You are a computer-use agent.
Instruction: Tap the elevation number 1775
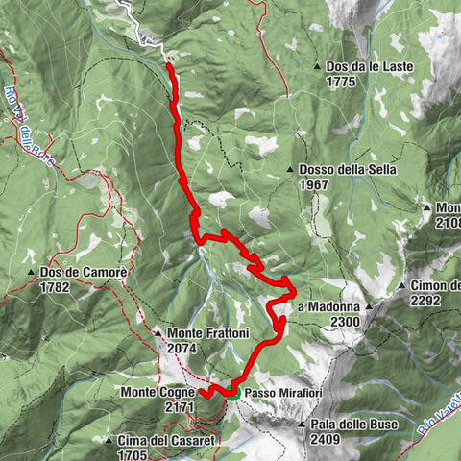(341, 82)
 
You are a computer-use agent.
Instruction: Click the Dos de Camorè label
(85, 273)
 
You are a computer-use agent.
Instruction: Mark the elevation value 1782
(57, 287)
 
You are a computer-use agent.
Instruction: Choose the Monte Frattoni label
(208, 333)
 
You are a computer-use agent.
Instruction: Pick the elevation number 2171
(181, 408)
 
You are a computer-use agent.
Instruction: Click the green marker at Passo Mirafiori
(232, 392)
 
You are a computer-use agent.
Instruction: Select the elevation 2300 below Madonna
(343, 322)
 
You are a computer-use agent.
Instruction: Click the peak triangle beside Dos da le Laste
(318, 66)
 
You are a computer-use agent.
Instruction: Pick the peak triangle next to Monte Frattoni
(158, 333)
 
